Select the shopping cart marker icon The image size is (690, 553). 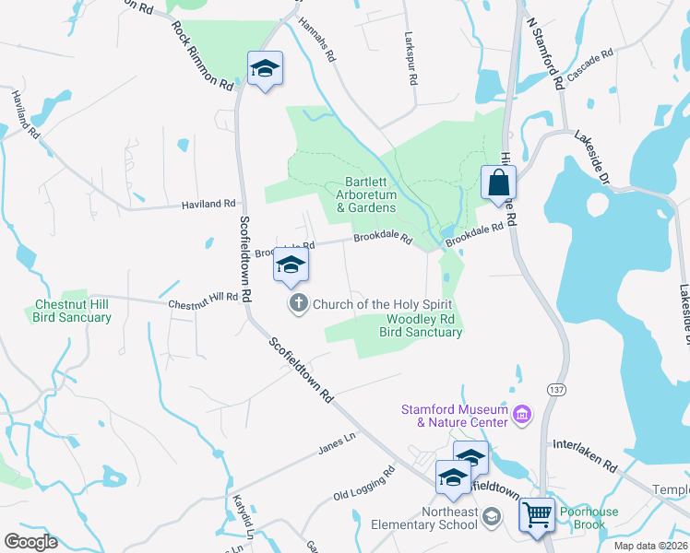(537, 514)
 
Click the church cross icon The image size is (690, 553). (299, 303)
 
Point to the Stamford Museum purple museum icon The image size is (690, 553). (523, 416)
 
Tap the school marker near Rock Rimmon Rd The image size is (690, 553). (265, 68)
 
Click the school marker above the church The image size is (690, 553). (291, 265)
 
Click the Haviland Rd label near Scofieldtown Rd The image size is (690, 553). (209, 204)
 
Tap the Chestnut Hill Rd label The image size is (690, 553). (203, 300)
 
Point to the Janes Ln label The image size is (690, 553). (336, 442)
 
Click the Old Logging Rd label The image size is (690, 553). (364, 484)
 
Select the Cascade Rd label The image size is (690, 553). (590, 65)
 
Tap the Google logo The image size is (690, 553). (30, 542)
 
